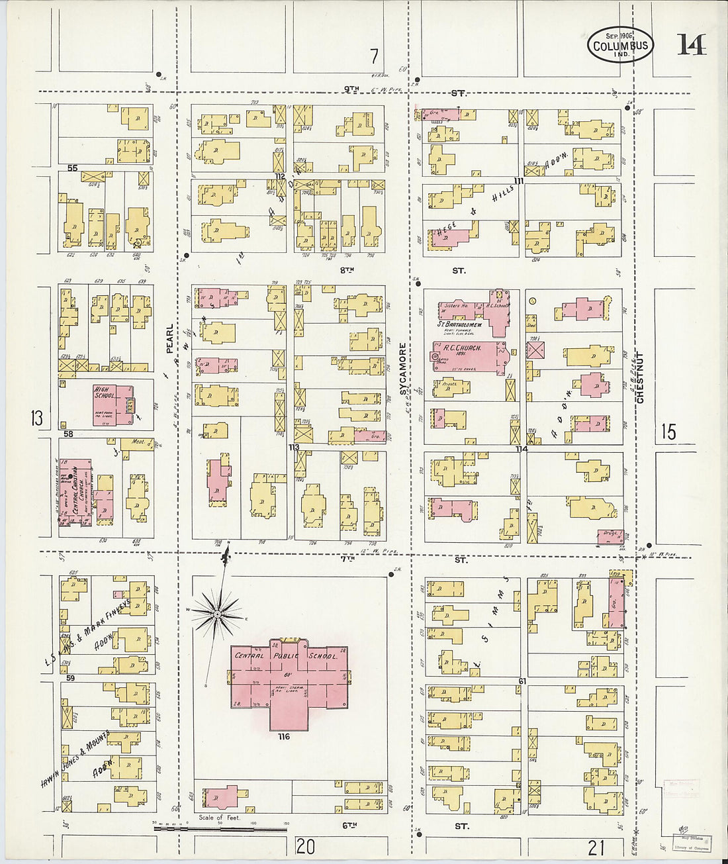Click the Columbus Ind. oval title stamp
619,45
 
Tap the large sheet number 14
691,45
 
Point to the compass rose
217,614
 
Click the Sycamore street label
402,369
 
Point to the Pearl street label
170,338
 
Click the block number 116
285,736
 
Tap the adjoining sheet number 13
36,418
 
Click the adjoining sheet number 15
668,432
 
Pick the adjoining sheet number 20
305,845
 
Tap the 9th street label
351,89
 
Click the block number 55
72,168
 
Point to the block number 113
293,448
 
